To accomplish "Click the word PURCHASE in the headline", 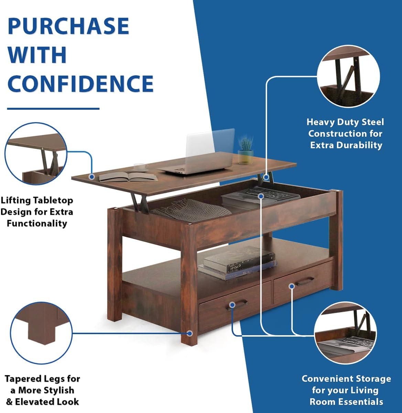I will point(68,26).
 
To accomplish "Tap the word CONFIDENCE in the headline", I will point(80,84).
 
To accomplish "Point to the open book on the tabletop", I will point(128,177).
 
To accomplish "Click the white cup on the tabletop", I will point(141,167).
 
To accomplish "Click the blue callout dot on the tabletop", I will point(91,177).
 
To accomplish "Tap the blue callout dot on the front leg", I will point(189,333).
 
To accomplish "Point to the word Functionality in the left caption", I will point(37,224).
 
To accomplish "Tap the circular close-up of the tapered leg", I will point(42,332).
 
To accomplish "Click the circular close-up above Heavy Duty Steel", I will point(348,76).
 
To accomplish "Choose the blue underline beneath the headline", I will point(53,109).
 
